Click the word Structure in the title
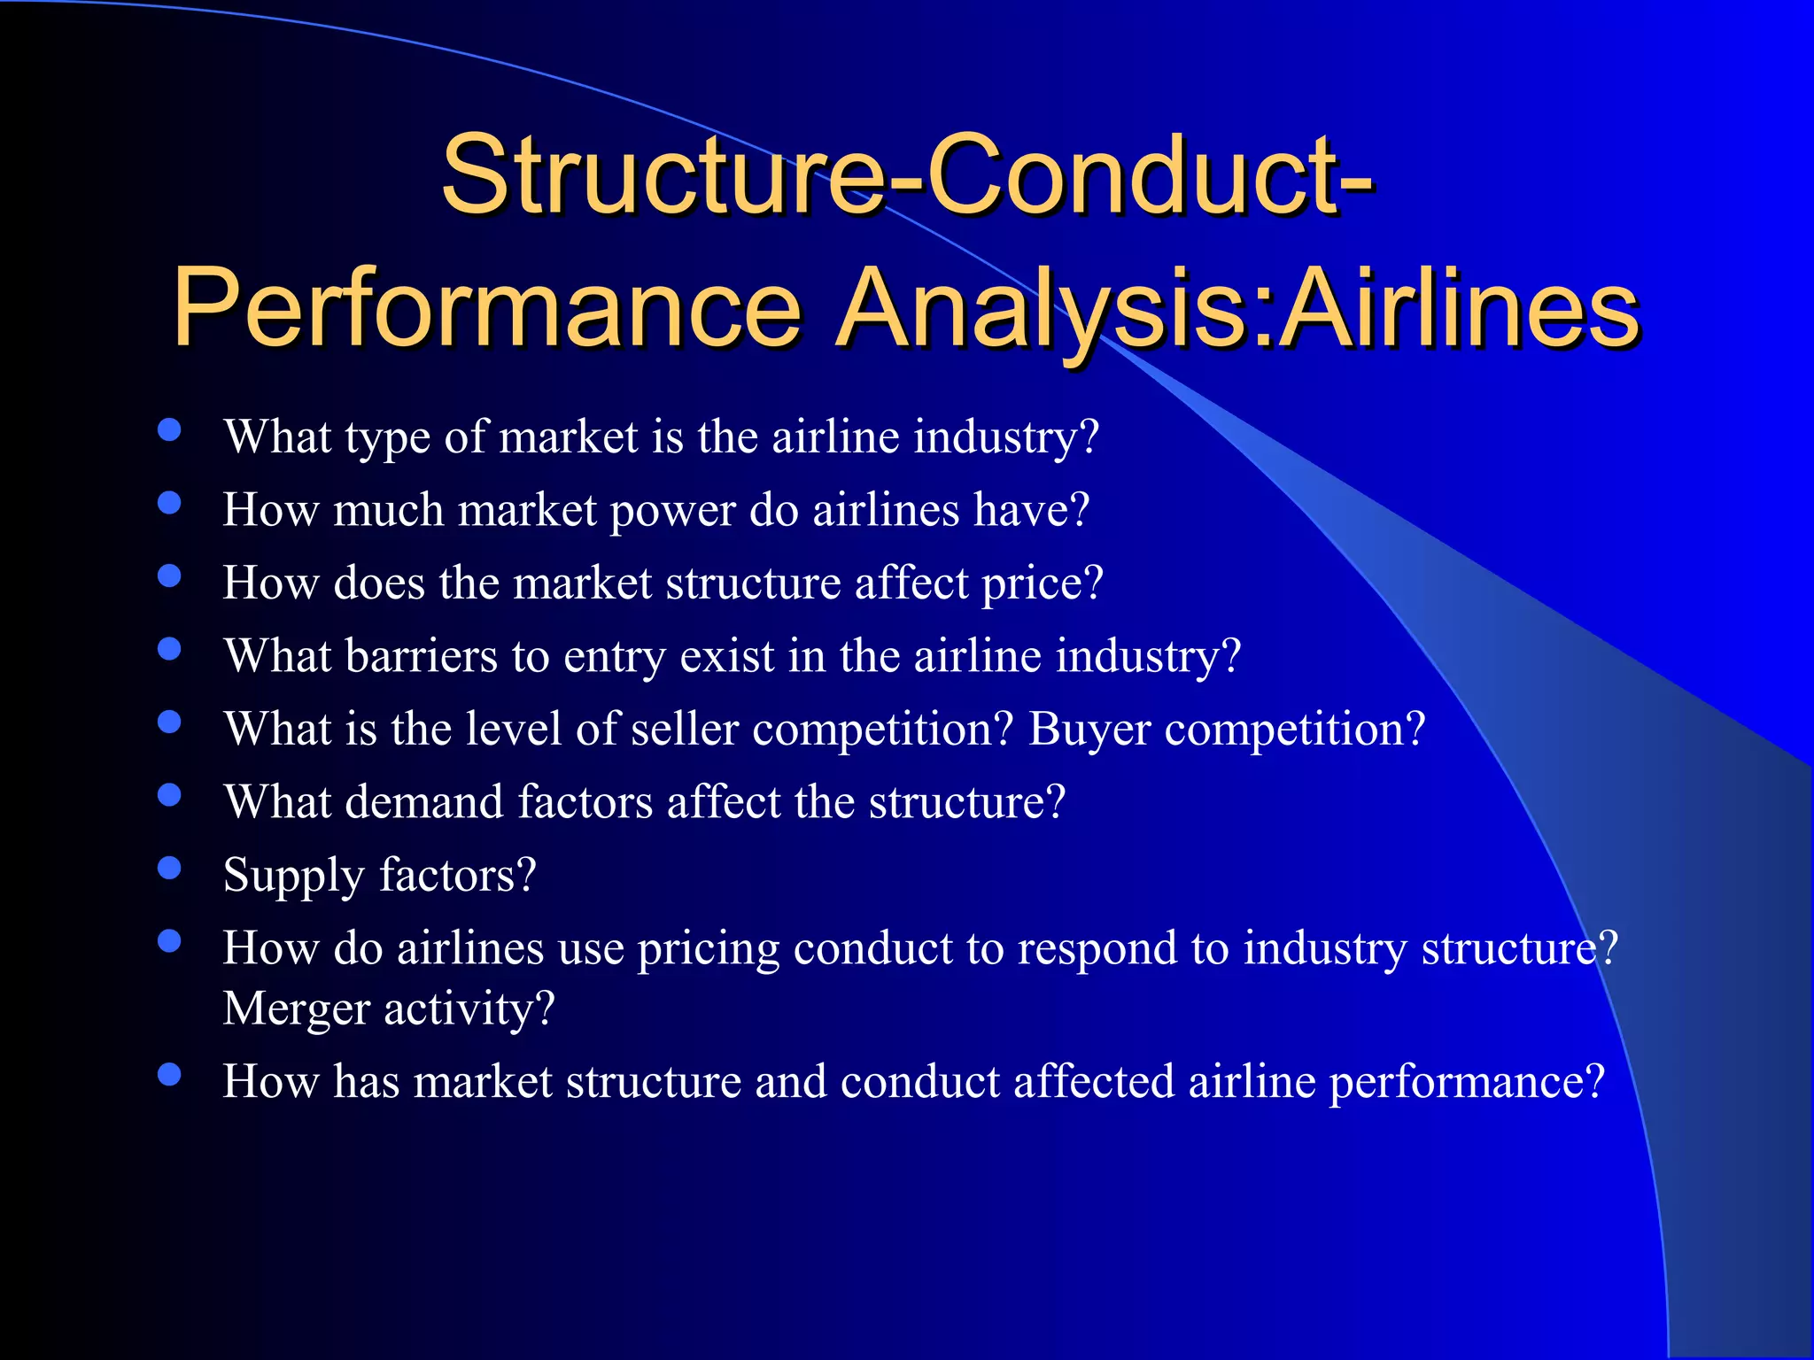[x=661, y=174]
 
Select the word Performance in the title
[x=486, y=309]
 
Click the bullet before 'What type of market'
[x=169, y=430]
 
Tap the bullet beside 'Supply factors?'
[x=169, y=868]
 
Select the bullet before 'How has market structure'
[x=169, y=1075]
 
